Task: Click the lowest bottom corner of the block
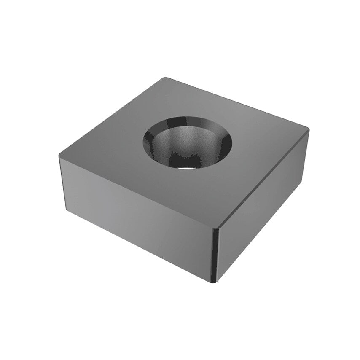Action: click(216, 282)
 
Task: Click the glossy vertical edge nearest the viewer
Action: click(216, 255)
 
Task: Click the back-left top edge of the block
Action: click(111, 117)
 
